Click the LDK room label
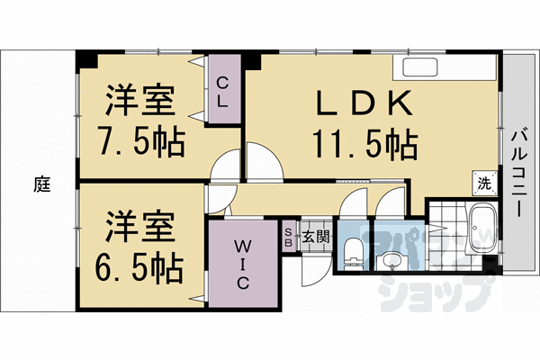click(364, 103)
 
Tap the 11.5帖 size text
click(364, 144)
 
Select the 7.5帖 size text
click(140, 141)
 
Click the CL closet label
click(223, 92)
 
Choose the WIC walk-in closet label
click(242, 264)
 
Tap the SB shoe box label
click(289, 238)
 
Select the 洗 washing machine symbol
click(484, 184)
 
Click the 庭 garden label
click(42, 184)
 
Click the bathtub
click(482, 229)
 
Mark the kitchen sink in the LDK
click(419, 67)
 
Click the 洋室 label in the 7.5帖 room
click(140, 101)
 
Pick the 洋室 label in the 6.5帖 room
click(140, 226)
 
